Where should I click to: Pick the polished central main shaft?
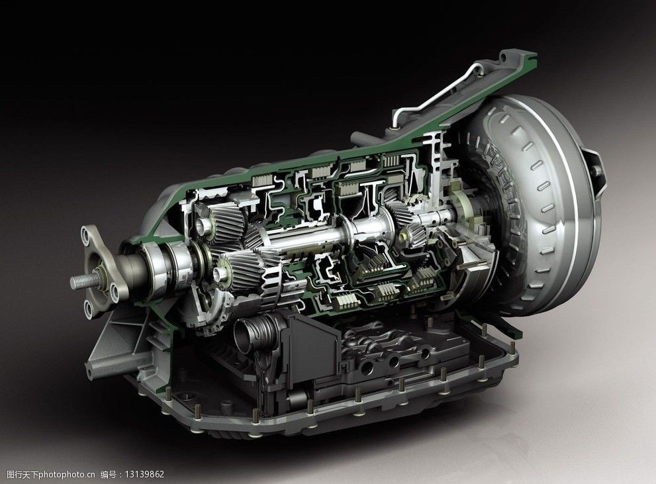pyautogui.click(x=326, y=234)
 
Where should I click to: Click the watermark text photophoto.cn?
pyautogui.click(x=67, y=474)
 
